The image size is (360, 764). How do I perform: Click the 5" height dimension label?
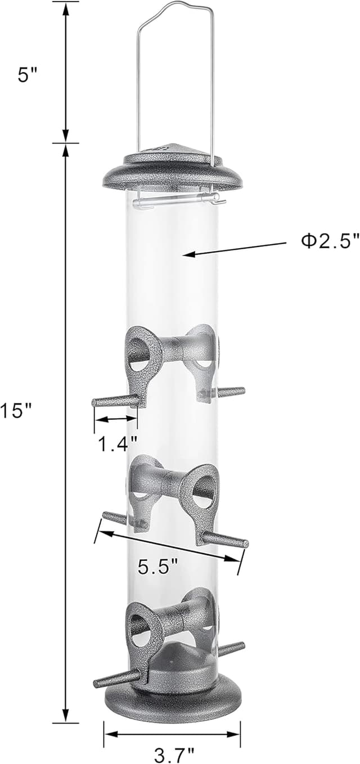click(x=26, y=75)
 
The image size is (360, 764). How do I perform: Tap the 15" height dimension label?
click(x=17, y=411)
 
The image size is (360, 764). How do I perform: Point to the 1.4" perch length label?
click(x=117, y=444)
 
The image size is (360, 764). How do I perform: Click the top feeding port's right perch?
click(x=231, y=392)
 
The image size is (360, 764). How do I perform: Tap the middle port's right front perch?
click(x=225, y=541)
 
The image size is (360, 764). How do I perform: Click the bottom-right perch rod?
click(x=231, y=649)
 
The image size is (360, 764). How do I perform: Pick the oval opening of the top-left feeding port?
click(x=139, y=354)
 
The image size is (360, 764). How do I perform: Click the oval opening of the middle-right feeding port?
click(x=204, y=489)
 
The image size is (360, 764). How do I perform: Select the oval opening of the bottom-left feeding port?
click(x=140, y=629)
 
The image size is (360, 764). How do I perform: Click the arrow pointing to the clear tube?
click(x=236, y=249)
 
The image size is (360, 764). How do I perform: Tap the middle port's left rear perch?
click(x=115, y=518)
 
